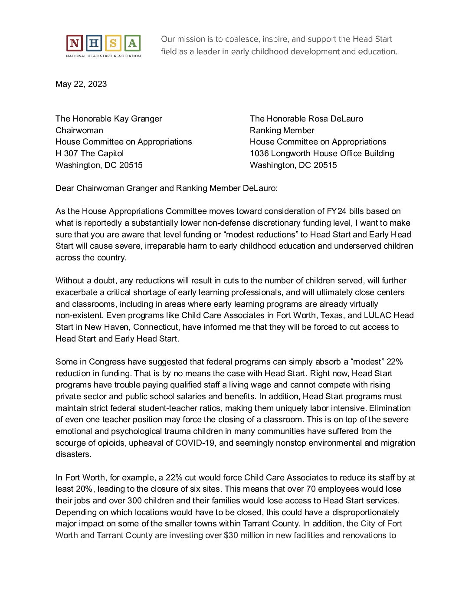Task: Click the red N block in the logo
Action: point(75,43)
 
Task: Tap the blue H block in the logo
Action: point(94,43)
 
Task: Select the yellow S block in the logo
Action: point(113,43)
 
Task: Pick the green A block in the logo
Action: point(132,43)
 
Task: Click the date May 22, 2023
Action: point(81,84)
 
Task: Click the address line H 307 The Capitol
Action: point(89,154)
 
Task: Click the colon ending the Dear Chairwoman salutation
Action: point(277,188)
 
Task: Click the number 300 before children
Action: point(134,501)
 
